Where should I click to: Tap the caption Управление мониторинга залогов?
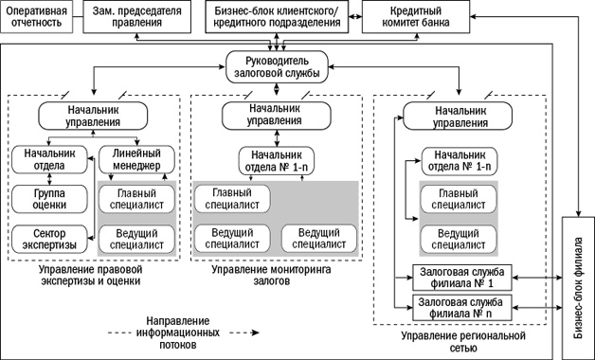coord(275,276)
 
